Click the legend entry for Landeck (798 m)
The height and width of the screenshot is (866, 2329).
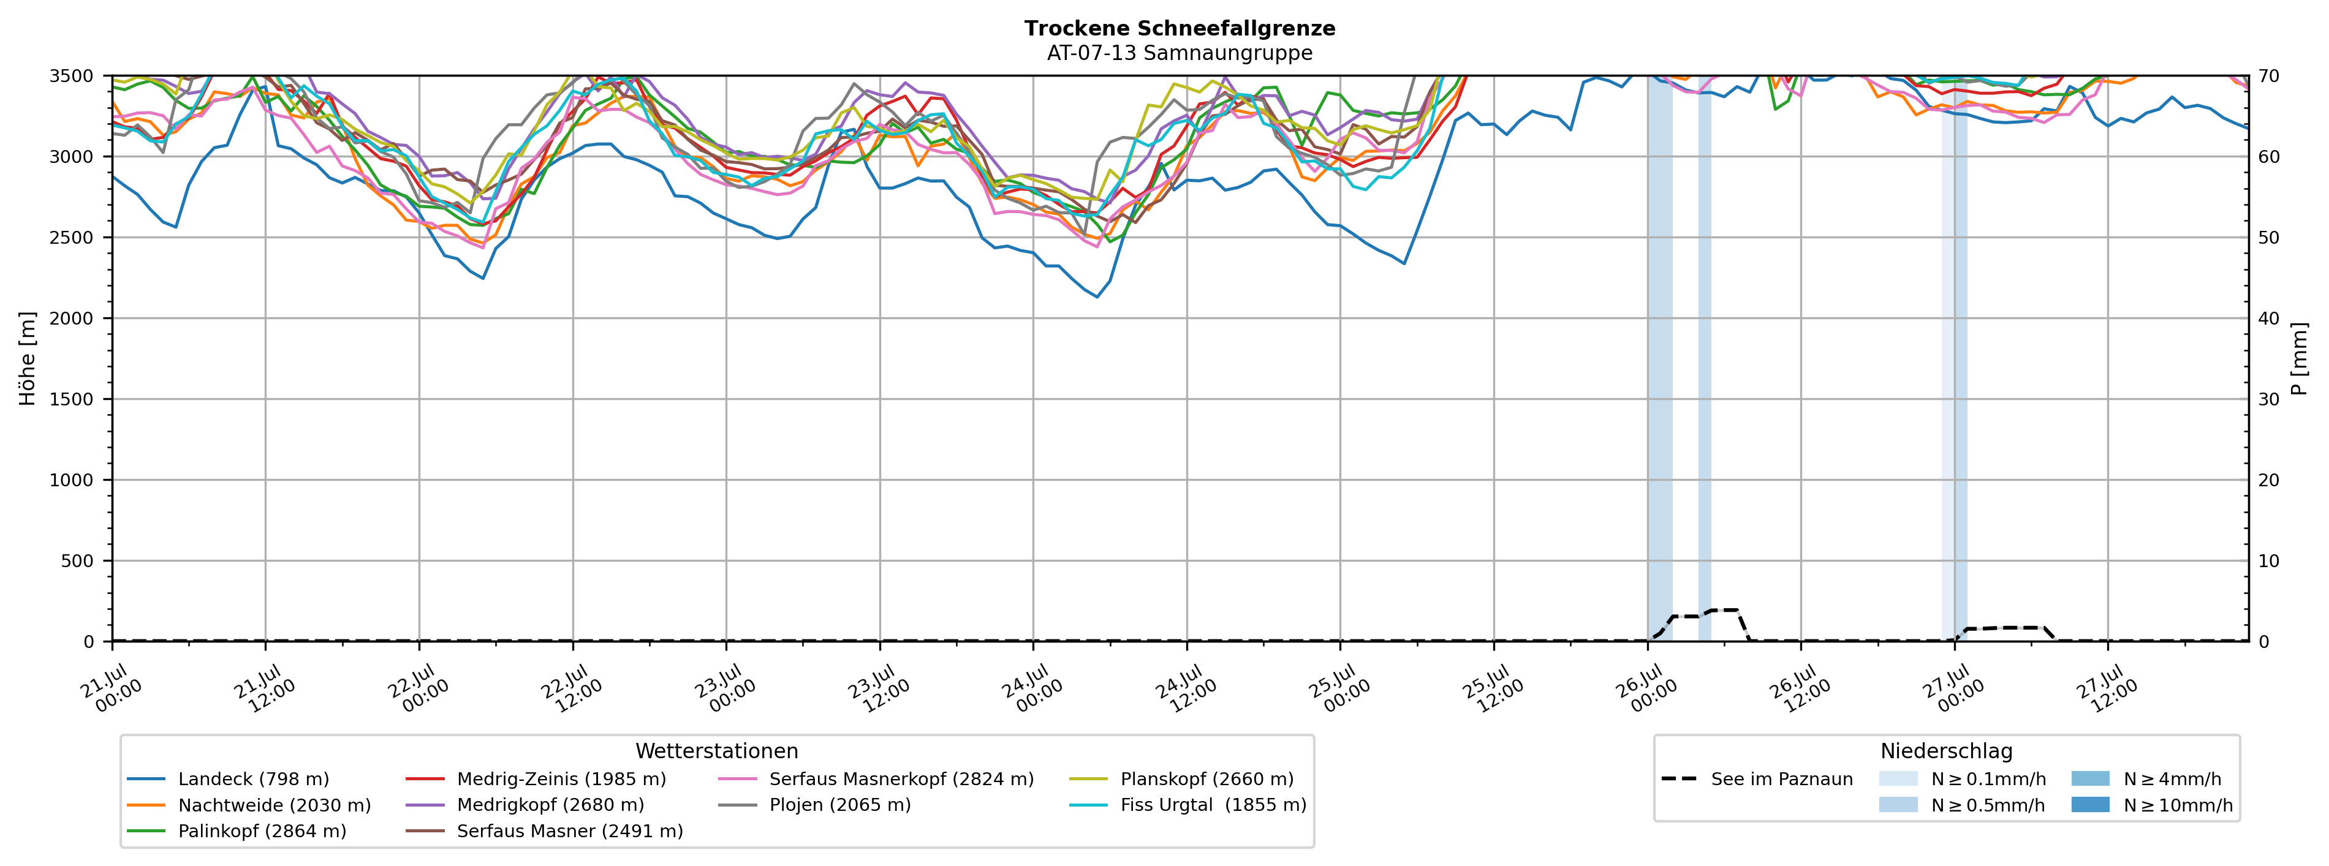[x=228, y=778]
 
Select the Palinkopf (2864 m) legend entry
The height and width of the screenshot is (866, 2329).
[x=237, y=830]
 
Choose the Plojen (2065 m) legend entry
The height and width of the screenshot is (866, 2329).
[x=814, y=805]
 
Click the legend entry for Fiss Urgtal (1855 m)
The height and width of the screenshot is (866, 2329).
[x=1188, y=805]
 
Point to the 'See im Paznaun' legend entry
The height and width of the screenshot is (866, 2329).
[x=1757, y=778]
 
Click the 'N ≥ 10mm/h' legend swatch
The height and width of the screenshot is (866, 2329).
[x=2090, y=805]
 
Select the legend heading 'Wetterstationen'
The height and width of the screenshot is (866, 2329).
[x=717, y=751]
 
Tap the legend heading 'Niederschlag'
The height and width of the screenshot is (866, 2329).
[x=1947, y=751]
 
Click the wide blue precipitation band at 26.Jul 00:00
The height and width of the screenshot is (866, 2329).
[x=1660, y=358]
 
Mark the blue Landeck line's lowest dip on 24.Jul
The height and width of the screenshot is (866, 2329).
[x=1097, y=296]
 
